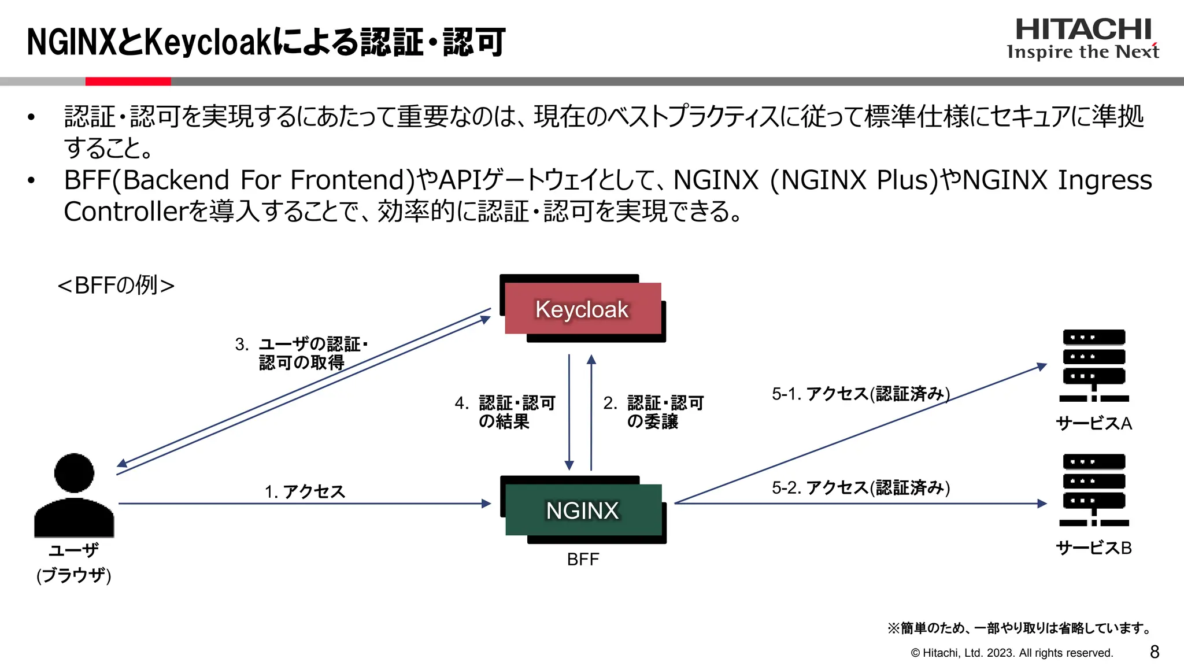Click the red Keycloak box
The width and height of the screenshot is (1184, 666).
[582, 309]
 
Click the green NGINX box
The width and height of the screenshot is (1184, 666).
[583, 510]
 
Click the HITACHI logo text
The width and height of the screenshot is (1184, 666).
[1083, 29]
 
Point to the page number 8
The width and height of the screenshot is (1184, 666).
[1154, 652]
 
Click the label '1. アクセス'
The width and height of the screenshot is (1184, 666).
[305, 491]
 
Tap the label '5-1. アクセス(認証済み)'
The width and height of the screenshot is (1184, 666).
[860, 394]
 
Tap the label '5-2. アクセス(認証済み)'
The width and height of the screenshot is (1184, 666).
[860, 488]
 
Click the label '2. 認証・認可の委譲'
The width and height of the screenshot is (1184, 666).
[653, 412]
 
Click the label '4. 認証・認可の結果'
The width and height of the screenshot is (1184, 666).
[505, 412]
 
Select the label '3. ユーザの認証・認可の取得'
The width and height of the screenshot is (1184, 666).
[301, 353]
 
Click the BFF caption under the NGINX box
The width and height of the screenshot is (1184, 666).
[583, 560]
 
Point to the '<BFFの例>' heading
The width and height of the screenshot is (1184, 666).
[116, 285]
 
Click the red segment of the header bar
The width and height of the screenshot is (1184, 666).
[128, 82]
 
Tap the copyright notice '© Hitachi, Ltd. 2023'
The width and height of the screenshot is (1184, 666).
[1012, 653]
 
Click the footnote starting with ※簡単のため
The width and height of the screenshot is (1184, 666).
[1020, 628]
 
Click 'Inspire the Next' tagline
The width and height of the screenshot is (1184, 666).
[1083, 52]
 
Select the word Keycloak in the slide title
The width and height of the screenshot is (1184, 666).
[207, 43]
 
